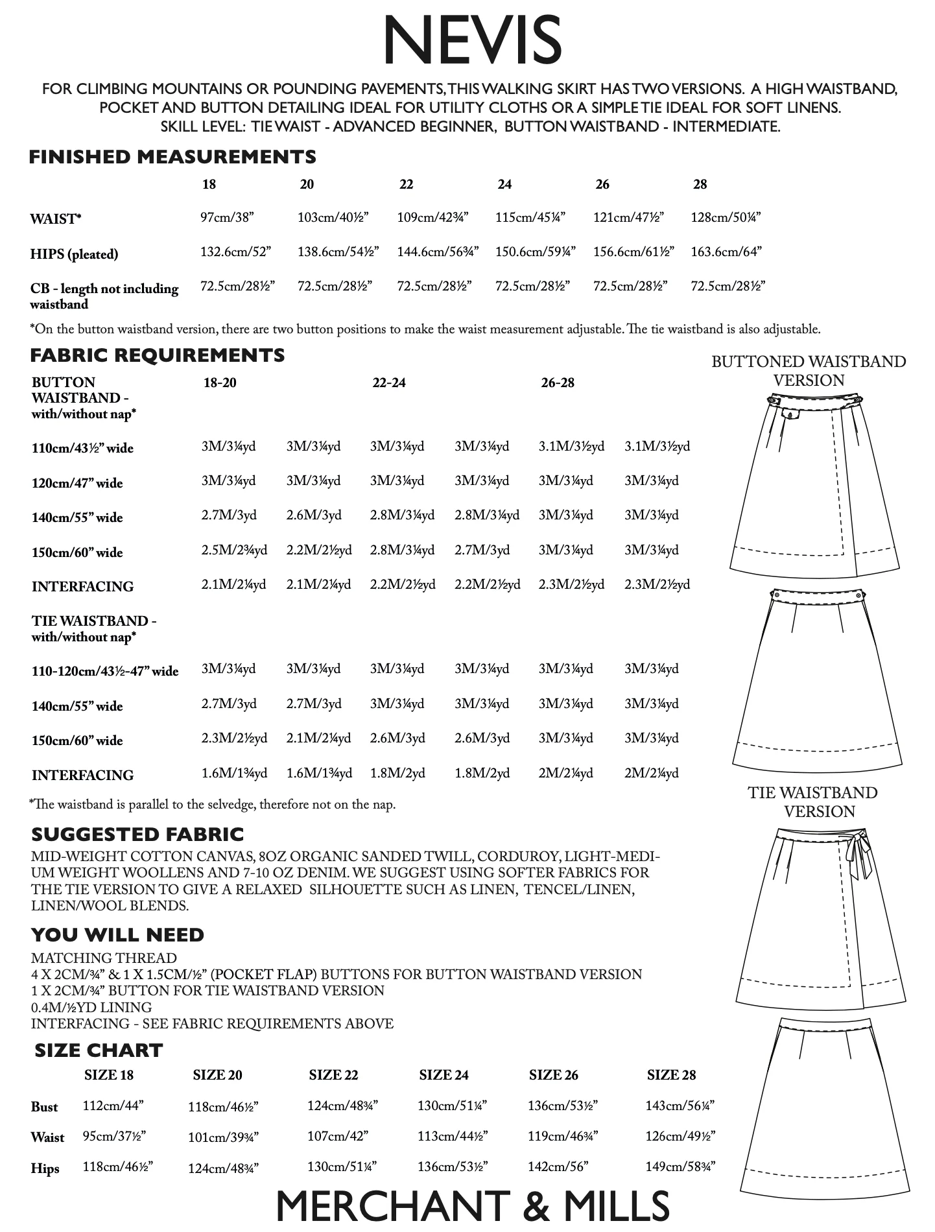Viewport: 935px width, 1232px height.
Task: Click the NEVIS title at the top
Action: [472, 41]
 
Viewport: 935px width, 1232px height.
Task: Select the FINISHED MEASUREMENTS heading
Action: [172, 157]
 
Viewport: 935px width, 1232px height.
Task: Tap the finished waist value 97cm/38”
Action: [227, 217]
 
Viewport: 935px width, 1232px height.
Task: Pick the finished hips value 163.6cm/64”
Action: [726, 252]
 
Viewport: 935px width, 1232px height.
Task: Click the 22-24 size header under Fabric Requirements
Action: [389, 383]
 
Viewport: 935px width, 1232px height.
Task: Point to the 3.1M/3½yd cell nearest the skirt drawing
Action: [657, 446]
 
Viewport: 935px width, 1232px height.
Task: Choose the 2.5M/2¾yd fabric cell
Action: [234, 550]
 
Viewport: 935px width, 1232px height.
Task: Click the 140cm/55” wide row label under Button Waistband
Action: [77, 517]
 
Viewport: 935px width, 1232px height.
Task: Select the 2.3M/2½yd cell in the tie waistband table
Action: [234, 738]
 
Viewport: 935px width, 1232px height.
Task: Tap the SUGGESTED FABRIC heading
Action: [137, 835]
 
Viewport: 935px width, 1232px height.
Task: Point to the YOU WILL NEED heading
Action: [117, 935]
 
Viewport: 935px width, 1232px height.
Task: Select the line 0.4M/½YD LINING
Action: [91, 1008]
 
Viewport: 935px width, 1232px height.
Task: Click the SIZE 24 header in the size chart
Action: [444, 1075]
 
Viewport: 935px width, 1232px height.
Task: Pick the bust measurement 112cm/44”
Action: [113, 1106]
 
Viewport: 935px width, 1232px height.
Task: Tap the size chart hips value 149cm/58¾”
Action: [680, 1167]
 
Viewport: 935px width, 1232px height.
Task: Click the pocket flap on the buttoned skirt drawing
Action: [790, 413]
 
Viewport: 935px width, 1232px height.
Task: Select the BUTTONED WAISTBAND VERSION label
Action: [809, 371]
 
